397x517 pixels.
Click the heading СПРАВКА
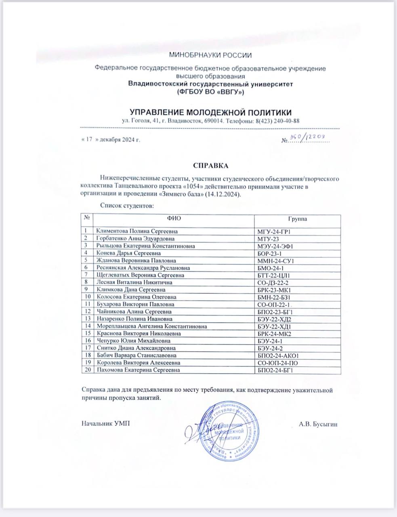point(210,166)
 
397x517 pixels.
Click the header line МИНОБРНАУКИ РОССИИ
point(210,55)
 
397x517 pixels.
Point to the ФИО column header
point(174,219)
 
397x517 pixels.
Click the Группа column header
point(297,219)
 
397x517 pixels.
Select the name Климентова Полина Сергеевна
point(137,231)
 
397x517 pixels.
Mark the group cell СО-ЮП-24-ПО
point(278,363)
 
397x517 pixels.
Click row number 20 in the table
point(87,370)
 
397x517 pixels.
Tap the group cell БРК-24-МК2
point(275,334)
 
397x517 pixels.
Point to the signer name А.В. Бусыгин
point(318,424)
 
